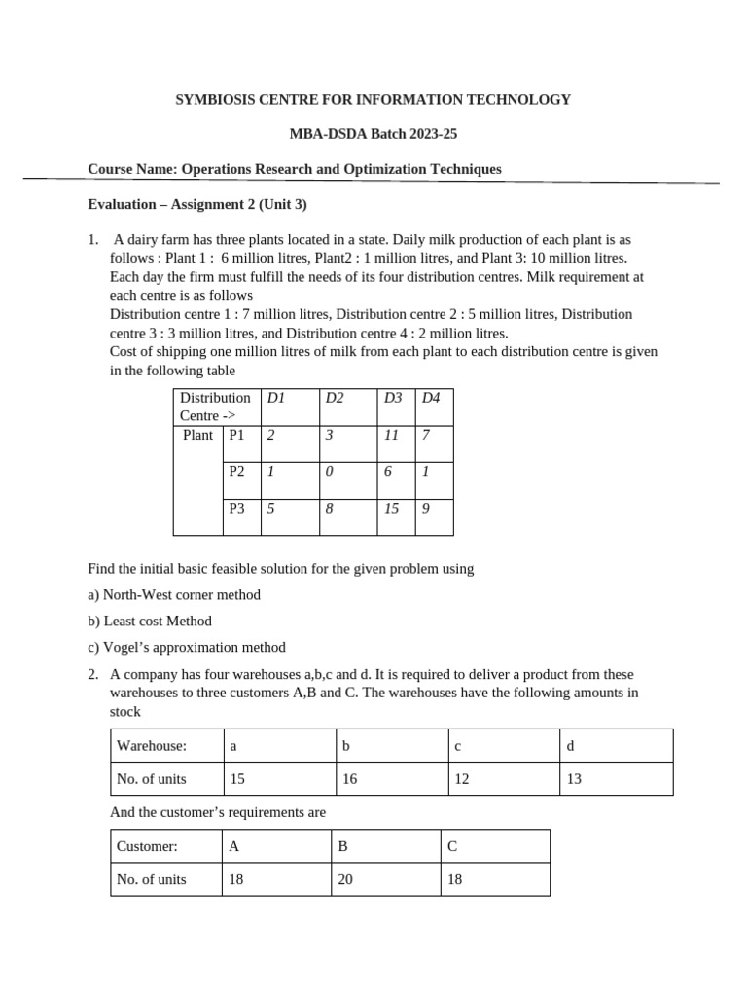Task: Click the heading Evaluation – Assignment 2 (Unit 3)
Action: tap(197, 204)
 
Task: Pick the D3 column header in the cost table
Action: tap(393, 398)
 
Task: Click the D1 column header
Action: tap(275, 398)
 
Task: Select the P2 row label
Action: tap(236, 470)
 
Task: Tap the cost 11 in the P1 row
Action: tap(391, 435)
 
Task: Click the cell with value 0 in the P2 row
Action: tap(330, 470)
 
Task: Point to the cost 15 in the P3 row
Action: tap(391, 507)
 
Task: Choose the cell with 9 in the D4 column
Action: tap(426, 507)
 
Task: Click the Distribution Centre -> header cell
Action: tap(215, 407)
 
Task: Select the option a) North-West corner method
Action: tap(174, 594)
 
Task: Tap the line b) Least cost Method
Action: tap(150, 621)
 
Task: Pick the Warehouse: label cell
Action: tap(152, 746)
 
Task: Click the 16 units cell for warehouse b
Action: tap(349, 779)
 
